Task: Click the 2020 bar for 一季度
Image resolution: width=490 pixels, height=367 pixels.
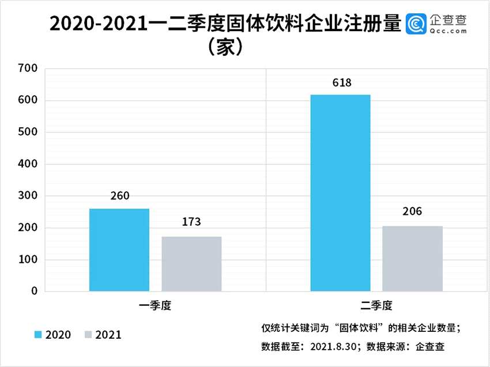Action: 119,250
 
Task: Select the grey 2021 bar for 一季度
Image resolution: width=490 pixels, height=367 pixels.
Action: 191,264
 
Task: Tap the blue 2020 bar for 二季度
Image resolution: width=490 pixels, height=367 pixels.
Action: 340,193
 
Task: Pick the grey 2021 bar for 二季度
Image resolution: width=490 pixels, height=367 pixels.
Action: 412,259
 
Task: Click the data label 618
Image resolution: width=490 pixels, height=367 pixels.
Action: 340,82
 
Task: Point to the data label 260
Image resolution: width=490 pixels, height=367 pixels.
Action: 119,196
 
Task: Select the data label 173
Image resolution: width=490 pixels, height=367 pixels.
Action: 191,222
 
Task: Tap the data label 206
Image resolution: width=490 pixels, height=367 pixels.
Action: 412,211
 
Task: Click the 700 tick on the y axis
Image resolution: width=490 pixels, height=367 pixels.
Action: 27,69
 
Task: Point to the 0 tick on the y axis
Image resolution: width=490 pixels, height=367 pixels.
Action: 34,292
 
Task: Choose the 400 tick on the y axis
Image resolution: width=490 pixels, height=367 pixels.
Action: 27,165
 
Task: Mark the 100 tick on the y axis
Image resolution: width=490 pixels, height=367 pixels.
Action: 27,260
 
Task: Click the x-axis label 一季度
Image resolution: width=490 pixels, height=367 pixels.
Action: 155,306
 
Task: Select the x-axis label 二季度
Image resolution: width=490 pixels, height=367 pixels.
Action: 376,306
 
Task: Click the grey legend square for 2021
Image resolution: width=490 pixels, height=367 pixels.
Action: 88,334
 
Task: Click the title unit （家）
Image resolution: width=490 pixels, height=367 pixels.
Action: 224,47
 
